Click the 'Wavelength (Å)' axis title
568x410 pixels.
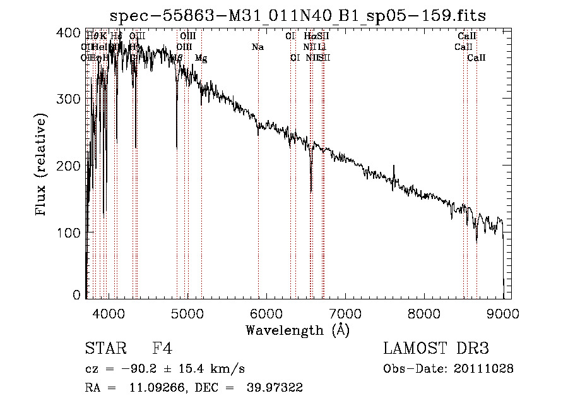click(297, 330)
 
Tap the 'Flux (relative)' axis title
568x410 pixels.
click(42, 166)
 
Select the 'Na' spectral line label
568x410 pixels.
click(257, 47)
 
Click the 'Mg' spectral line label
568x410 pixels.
click(201, 58)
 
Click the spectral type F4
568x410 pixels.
click(162, 348)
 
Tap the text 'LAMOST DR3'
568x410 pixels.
click(436, 348)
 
